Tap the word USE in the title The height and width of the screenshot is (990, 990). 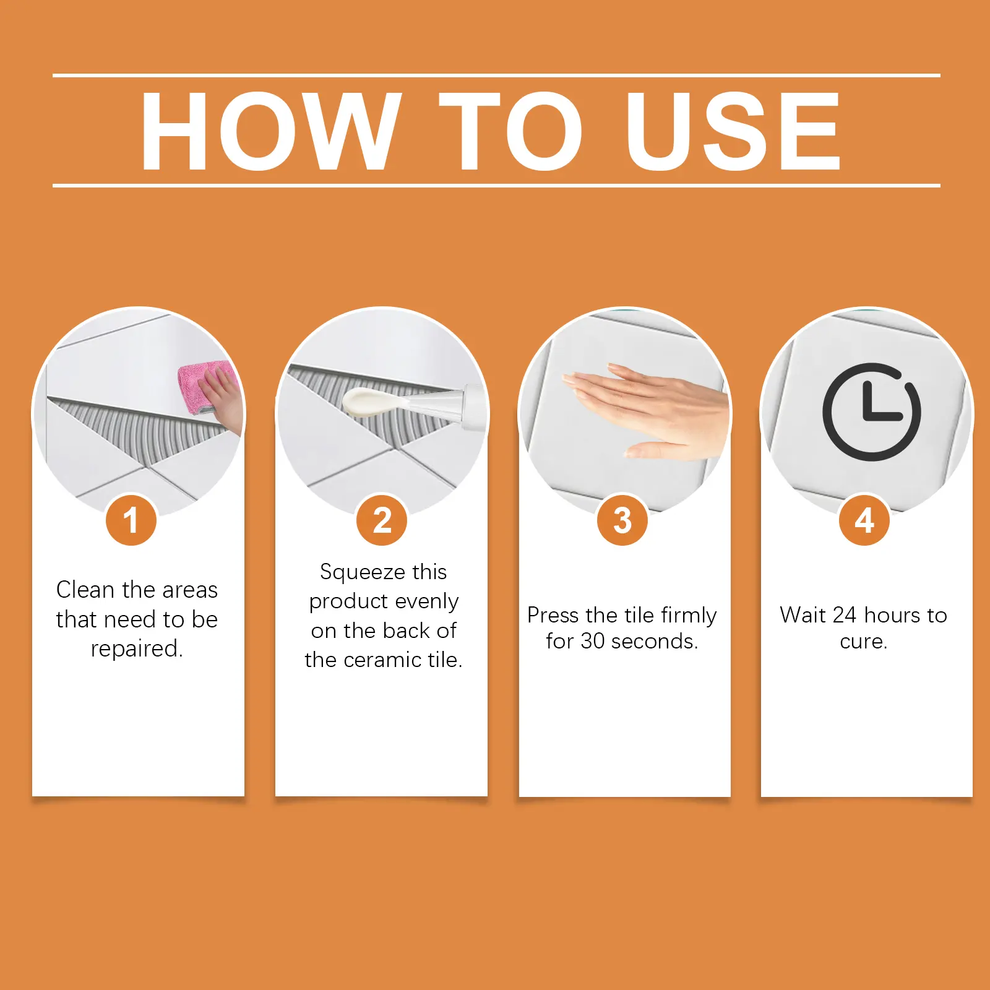pos(733,131)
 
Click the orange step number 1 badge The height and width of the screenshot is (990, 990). pos(131,520)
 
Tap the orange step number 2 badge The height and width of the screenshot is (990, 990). pos(382,520)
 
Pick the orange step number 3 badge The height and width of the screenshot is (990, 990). pos(622,520)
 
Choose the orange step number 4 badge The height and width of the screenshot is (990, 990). pos(864,520)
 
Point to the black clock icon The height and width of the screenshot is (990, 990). pos(872,412)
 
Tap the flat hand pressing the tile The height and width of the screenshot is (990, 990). pos(643,408)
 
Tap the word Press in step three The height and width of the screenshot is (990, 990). pos(553,615)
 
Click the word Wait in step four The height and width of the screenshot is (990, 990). pos(803,615)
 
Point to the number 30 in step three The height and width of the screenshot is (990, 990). pos(593,641)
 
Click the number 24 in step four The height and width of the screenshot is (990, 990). pos(845,615)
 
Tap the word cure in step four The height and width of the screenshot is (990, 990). pos(861,642)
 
